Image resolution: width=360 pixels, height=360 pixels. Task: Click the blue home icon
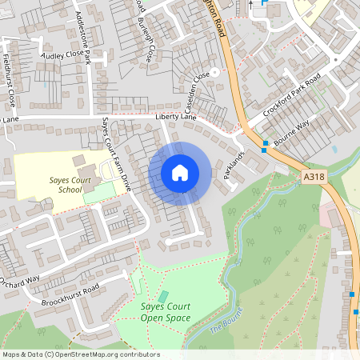click(180, 172)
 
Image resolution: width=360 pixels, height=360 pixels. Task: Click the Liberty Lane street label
click(176, 117)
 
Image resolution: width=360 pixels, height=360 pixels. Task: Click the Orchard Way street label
click(20, 281)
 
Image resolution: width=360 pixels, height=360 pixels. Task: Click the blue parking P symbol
click(266, 4)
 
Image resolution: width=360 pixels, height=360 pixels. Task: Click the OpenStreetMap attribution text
click(80, 354)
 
